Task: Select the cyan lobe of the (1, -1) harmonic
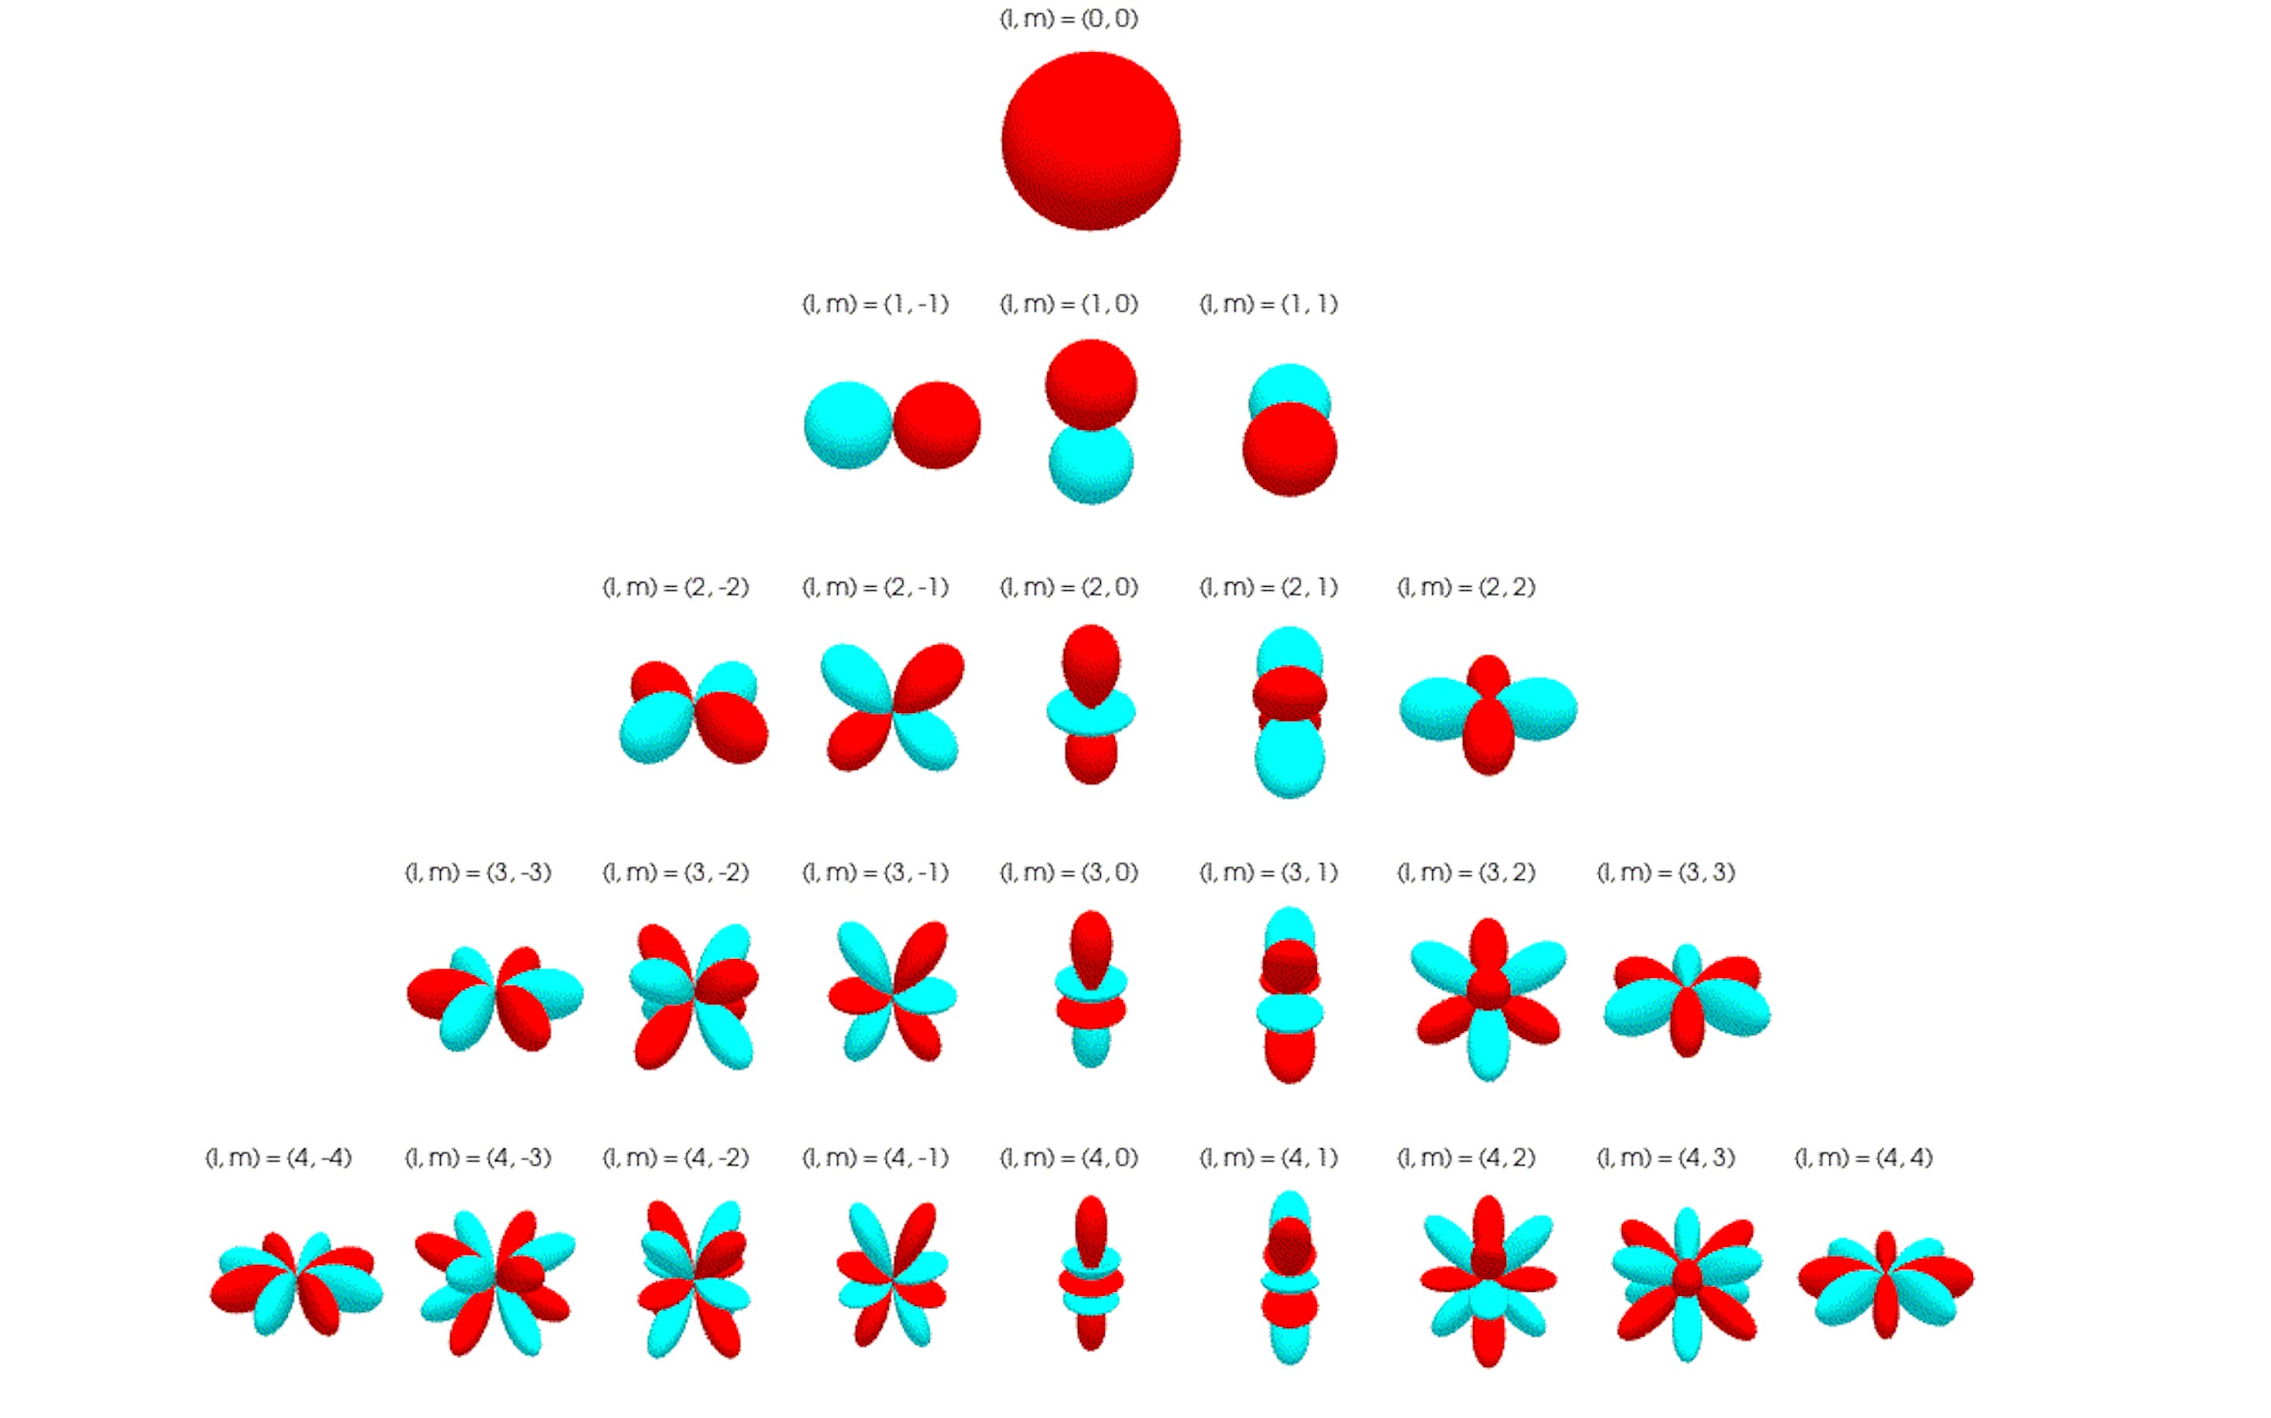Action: (847, 425)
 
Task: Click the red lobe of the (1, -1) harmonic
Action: (937, 425)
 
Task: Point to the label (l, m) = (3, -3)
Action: (477, 873)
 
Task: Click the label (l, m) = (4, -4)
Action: (278, 1159)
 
